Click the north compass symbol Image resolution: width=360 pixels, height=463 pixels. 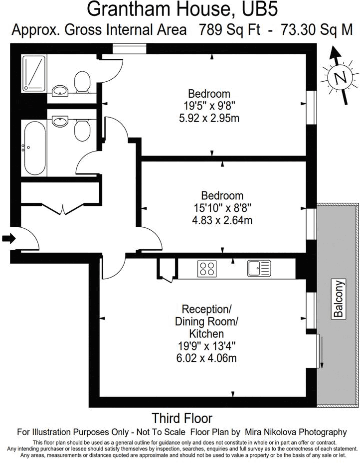tap(341, 77)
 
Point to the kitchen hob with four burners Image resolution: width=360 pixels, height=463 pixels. tap(207, 269)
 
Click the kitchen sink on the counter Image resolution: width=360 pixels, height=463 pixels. tap(258, 268)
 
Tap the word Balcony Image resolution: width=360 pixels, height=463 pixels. tap(339, 299)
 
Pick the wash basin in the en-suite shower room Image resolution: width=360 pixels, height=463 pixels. tap(60, 90)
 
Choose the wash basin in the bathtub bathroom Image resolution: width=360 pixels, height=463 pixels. tap(60, 120)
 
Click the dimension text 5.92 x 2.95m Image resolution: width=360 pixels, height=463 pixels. tap(209, 118)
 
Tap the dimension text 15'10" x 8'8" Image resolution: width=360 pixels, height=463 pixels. tap(222, 207)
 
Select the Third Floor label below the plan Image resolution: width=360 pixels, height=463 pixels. tap(182, 418)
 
